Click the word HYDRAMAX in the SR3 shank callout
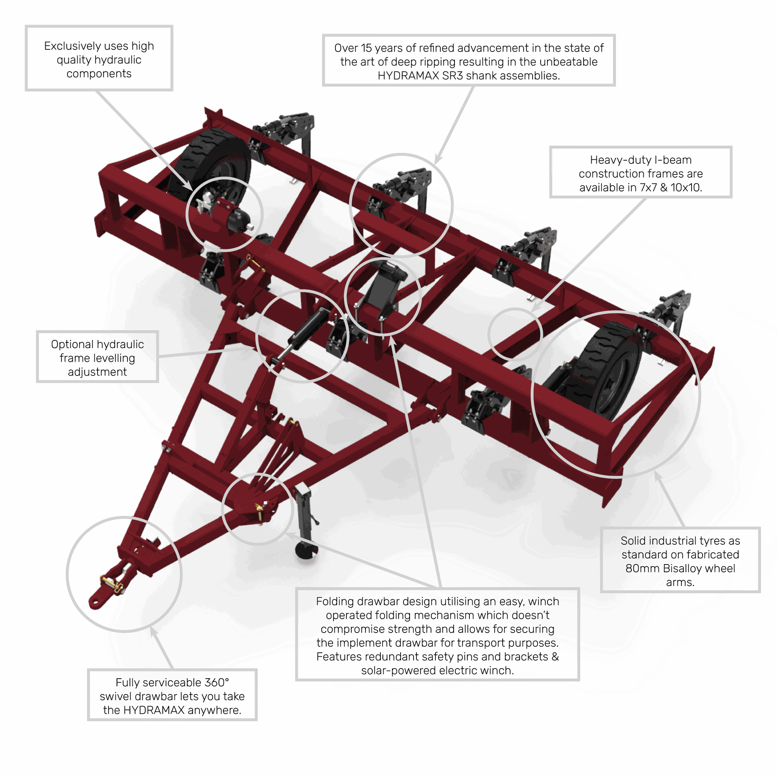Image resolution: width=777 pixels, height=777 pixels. pyautogui.click(x=408, y=76)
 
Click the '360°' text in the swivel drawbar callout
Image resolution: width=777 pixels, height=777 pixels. pyautogui.click(x=217, y=682)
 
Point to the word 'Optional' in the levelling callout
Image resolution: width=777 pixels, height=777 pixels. pyautogui.click(x=72, y=344)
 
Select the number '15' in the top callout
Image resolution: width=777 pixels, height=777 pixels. pyautogui.click(x=366, y=48)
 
